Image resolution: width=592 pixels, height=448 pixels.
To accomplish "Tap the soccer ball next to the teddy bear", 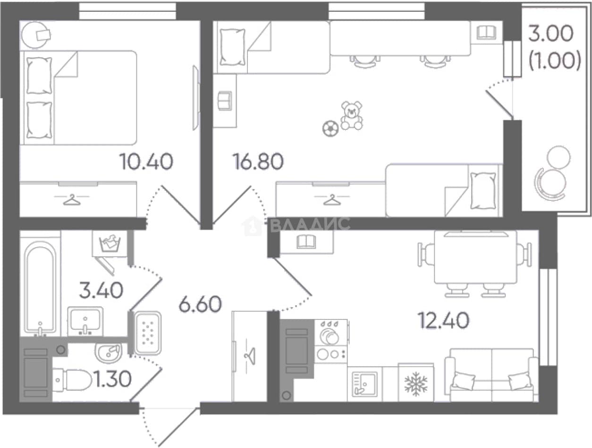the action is pos(330,129).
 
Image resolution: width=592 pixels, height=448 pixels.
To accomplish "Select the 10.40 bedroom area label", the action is pos(146,162).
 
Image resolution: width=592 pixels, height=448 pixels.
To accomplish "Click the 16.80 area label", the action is pos(258,162).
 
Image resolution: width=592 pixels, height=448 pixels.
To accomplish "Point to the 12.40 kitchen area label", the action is pos(443,320).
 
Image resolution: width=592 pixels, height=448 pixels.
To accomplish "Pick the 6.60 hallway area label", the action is pos(200,304).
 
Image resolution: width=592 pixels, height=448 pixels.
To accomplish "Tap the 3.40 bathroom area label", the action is pos(101,290).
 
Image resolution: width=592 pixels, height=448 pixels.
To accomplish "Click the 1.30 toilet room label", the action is pos(112,379).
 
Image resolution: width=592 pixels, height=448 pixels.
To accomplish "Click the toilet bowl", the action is pos(72,380).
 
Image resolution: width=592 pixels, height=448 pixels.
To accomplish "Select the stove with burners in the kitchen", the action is pos(331,341).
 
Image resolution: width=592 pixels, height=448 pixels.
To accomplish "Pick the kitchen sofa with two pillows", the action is pos(491,375).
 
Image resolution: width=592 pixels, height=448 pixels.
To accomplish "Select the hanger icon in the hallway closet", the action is pos(250,356).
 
